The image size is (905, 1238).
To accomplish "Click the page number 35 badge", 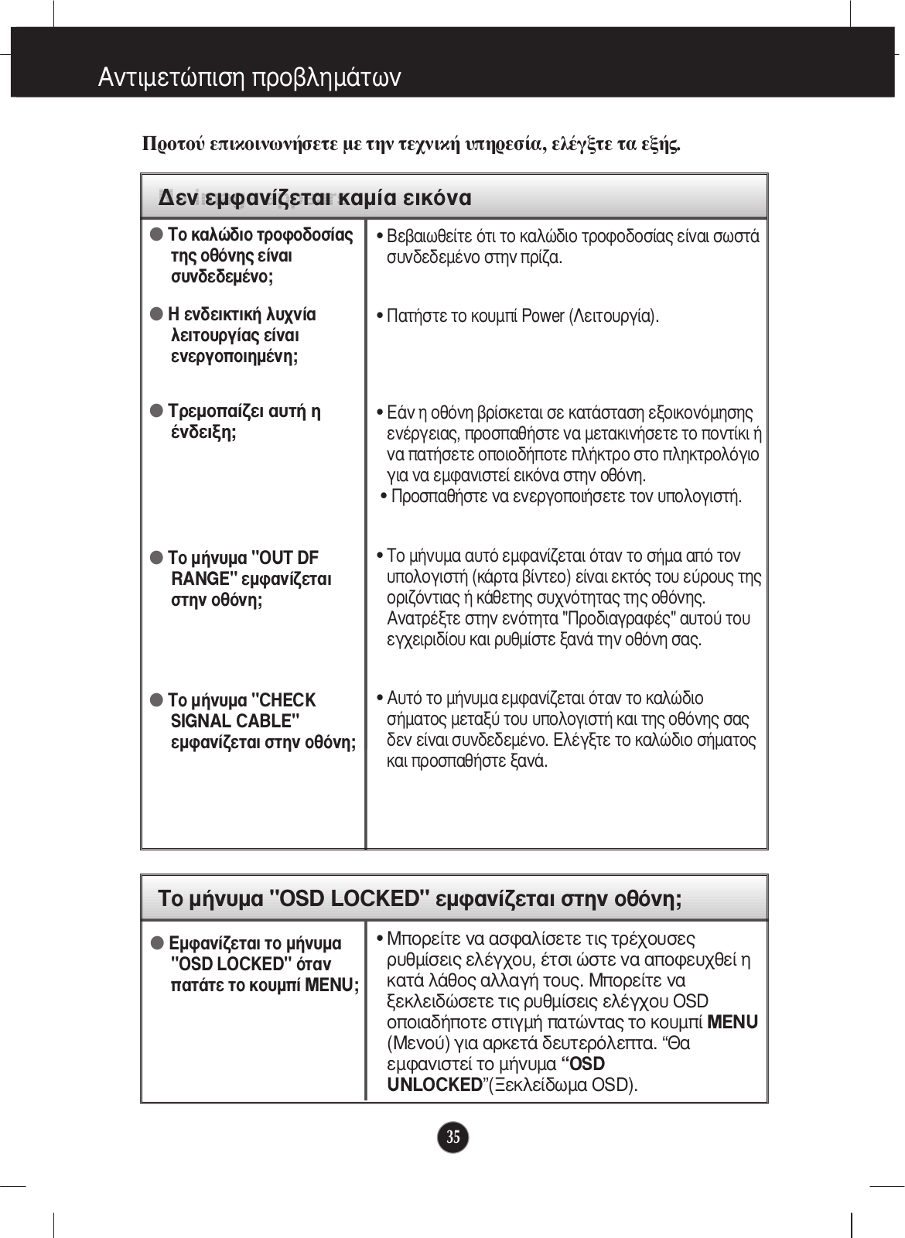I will point(452,1137).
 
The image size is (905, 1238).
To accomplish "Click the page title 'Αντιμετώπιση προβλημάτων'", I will point(249,77).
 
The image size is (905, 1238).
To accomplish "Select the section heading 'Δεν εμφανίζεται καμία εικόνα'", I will point(315,198).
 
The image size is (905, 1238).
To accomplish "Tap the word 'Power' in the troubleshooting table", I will point(543,316).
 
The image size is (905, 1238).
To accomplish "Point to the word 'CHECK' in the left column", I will point(284,700).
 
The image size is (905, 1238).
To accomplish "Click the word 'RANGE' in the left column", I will point(200,579).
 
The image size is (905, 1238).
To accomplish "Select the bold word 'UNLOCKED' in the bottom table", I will point(435,1085).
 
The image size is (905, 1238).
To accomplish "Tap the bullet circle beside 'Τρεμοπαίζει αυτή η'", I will point(157,410).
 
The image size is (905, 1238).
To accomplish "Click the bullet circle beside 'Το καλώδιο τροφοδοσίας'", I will point(157,234).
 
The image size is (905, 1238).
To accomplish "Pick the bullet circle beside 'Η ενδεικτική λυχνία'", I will point(157,314).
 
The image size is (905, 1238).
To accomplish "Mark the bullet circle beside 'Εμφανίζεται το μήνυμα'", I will point(157,943).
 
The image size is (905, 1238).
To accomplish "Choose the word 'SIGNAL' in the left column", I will point(202,721).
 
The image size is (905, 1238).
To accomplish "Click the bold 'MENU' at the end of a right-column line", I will point(732,1022).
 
